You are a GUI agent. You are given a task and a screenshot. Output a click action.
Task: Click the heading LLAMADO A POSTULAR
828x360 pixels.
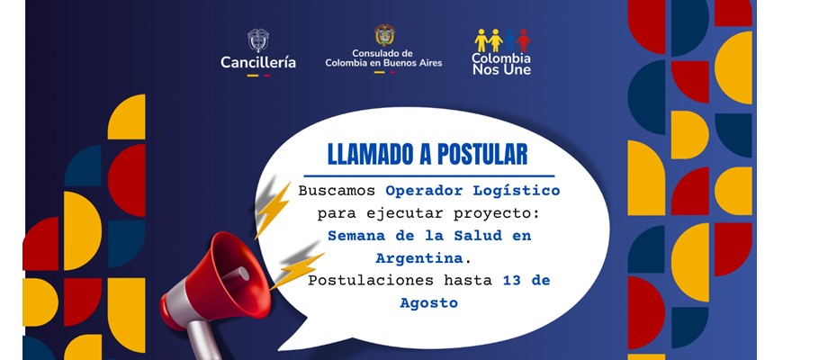tap(427, 154)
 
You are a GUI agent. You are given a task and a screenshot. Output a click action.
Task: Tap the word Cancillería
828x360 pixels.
tap(258, 63)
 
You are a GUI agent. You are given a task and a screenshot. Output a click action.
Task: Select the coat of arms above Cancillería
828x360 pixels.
tap(258, 40)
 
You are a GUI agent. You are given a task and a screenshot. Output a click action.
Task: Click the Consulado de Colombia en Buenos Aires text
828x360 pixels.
tap(383, 58)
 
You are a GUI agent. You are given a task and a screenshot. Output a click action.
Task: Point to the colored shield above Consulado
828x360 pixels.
tap(384, 34)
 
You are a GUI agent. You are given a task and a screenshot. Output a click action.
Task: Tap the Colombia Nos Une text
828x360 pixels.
tap(501, 64)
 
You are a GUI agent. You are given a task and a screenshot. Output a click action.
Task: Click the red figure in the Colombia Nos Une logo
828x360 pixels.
tap(523, 40)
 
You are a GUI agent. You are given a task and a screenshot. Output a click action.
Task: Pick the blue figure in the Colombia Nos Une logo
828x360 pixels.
tap(509, 40)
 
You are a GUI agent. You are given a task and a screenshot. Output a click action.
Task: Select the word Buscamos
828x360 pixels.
tap(337, 191)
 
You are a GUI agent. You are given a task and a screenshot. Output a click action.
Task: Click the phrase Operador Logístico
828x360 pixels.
tap(472, 191)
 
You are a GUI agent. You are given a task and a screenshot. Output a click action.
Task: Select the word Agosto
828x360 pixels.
tap(428, 303)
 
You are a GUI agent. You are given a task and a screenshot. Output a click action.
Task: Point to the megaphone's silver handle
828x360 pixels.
tap(202, 339)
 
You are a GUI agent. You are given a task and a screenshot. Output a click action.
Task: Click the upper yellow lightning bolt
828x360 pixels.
tap(273, 210)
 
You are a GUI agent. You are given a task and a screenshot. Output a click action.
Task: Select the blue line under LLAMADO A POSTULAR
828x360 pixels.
tap(428, 175)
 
